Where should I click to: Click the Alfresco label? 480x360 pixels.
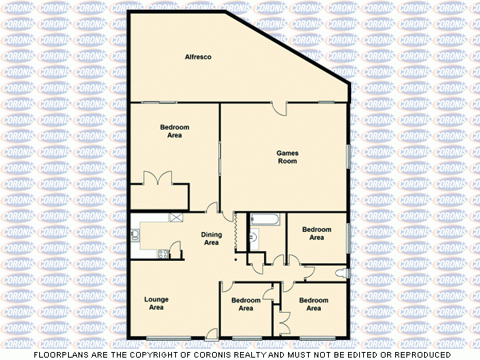196,57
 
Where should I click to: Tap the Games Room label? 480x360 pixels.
287,157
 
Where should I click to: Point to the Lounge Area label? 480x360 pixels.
156,303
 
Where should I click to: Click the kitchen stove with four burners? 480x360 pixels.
163,254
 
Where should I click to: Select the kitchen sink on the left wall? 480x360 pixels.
137,234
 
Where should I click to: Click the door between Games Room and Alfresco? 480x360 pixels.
279,107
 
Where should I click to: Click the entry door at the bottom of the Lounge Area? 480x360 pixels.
210,333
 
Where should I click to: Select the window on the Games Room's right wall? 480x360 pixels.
348,157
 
